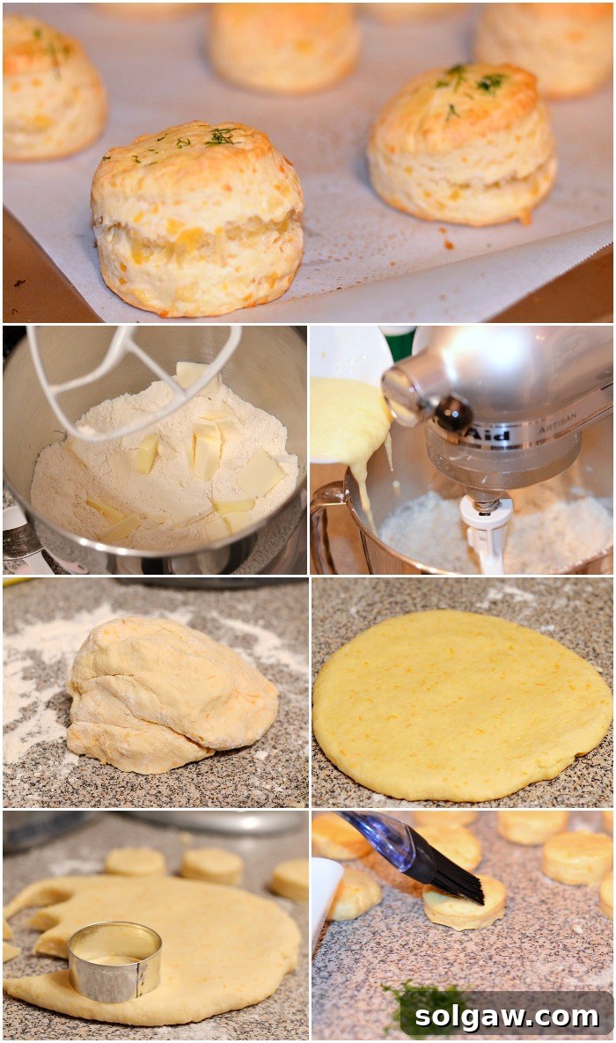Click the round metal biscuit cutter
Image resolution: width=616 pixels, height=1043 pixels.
coord(114,960)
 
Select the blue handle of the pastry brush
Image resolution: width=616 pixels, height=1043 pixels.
coord(379,835)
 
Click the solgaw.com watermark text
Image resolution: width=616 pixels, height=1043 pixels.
coord(506,1017)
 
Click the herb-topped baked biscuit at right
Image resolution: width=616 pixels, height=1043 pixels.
coord(461,145)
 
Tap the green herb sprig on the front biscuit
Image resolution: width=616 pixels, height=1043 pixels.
coord(220,136)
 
